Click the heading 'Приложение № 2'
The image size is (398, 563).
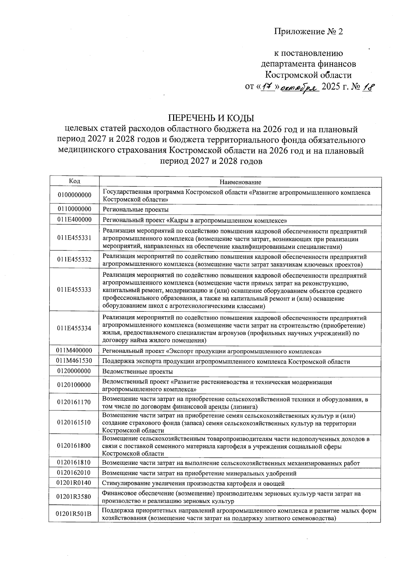click(x=308, y=32)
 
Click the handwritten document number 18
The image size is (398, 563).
click(x=367, y=87)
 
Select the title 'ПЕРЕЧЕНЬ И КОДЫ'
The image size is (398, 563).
click(x=211, y=118)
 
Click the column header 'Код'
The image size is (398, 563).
click(x=74, y=181)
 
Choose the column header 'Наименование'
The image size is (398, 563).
click(x=240, y=182)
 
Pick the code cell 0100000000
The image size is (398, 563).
click(x=74, y=195)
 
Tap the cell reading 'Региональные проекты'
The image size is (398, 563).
click(x=135, y=210)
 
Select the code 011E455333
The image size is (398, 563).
click(x=74, y=290)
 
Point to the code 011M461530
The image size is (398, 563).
click(x=74, y=361)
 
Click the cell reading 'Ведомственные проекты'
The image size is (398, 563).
click(x=137, y=372)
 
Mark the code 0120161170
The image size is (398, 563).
click(x=74, y=402)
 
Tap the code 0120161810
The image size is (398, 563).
click(x=74, y=462)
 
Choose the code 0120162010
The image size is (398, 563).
click(x=74, y=472)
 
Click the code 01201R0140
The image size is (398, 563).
click(x=74, y=483)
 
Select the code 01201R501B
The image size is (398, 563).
click(x=74, y=514)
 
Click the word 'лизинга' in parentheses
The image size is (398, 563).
click(x=244, y=407)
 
